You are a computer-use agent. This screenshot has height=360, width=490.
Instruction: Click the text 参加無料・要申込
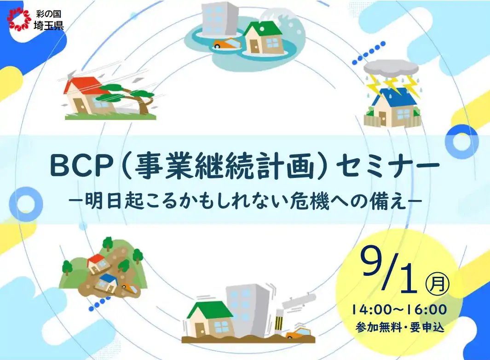(x=399, y=327)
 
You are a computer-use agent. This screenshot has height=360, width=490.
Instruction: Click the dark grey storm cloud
(x=391, y=69)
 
